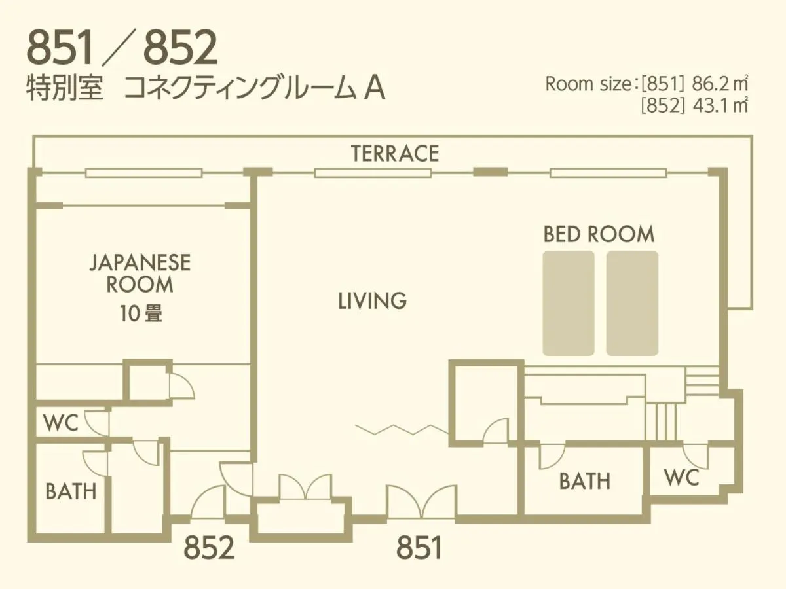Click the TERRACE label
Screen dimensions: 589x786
tap(394, 153)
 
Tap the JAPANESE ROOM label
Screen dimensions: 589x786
tap(140, 274)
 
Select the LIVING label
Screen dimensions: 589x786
tap(372, 301)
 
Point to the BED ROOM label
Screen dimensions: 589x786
tap(599, 234)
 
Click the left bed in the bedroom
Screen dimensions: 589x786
tap(569, 303)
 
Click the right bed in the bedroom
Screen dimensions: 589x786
tap(632, 303)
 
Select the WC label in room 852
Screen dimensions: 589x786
tap(60, 423)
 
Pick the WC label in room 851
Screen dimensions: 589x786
tap(681, 478)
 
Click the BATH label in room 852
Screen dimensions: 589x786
tap(71, 491)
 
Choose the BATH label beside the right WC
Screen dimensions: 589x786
tap(584, 481)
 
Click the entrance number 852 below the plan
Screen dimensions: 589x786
tap(209, 548)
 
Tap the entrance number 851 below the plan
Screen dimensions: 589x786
tap(419, 548)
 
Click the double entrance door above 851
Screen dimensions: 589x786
tap(421, 502)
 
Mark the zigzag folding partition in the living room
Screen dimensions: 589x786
tap(402, 429)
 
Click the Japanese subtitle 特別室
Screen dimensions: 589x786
tap(65, 89)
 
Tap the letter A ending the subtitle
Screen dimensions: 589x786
tap(374, 89)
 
